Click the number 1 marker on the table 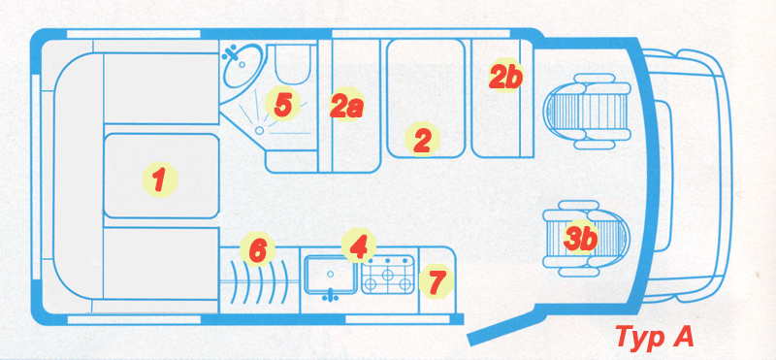[159, 180]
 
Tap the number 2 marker [422, 139]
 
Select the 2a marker [347, 105]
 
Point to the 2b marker [505, 76]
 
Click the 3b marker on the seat [580, 238]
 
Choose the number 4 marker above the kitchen [358, 245]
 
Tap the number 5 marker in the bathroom [282, 105]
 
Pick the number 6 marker [257, 249]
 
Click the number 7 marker [436, 280]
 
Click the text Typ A [654, 338]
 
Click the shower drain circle [259, 130]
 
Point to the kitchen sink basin [330, 275]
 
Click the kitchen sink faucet [330, 296]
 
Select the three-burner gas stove [388, 275]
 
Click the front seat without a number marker [587, 112]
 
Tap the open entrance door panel [501, 327]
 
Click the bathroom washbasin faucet [231, 52]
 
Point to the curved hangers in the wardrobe [259, 280]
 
